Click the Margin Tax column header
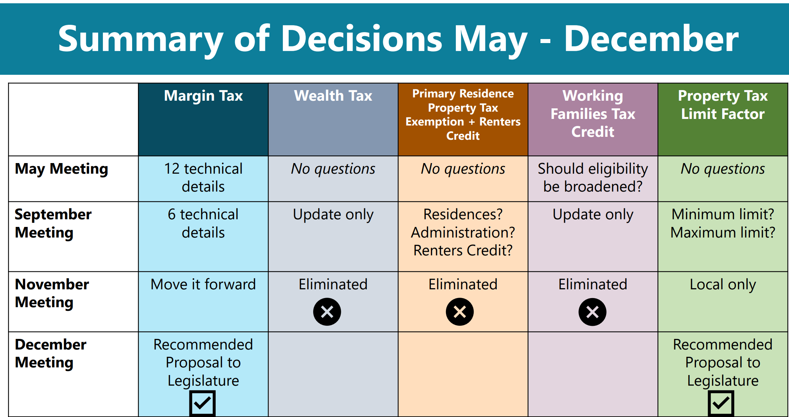click(203, 96)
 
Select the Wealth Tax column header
click(333, 96)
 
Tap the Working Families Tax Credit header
click(593, 114)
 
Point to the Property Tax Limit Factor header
click(723, 105)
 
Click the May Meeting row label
click(62, 169)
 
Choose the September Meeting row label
click(53, 223)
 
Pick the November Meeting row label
click(52, 293)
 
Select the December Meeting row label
click(51, 354)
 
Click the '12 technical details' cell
click(203, 178)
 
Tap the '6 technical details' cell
click(203, 223)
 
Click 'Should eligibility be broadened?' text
click(593, 178)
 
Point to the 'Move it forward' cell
click(203, 284)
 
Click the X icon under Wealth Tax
click(327, 312)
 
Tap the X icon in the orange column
click(460, 312)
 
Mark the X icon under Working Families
click(593, 312)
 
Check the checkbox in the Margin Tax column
click(203, 403)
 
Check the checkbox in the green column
click(721, 403)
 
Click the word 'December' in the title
click(651, 39)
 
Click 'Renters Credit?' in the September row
click(463, 251)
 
